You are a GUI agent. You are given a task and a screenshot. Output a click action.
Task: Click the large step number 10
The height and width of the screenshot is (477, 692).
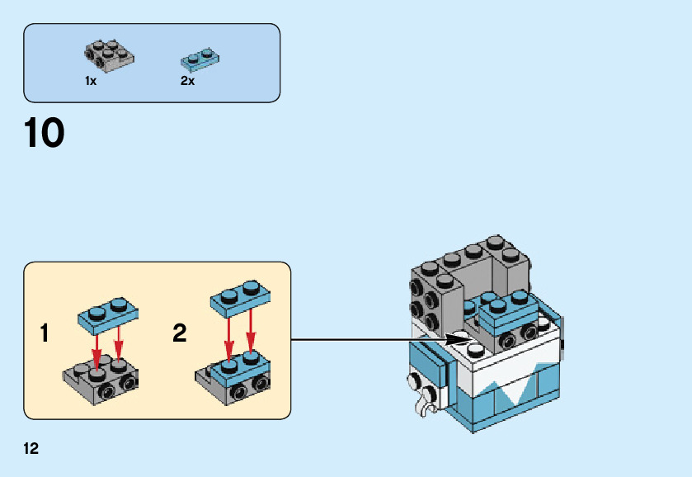tap(45, 134)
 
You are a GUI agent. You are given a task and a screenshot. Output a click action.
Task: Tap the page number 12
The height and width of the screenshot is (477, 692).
tap(31, 449)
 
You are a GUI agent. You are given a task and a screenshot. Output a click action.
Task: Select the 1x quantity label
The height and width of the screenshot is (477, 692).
tap(91, 81)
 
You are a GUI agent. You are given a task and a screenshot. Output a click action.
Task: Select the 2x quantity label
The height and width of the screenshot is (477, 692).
tap(187, 81)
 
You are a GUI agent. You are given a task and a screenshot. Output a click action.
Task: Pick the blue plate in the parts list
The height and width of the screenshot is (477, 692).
tap(200, 59)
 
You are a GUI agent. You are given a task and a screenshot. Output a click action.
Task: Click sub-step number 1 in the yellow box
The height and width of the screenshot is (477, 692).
tap(44, 333)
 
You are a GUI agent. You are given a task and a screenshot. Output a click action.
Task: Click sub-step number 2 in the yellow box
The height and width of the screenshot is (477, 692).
tap(180, 333)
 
